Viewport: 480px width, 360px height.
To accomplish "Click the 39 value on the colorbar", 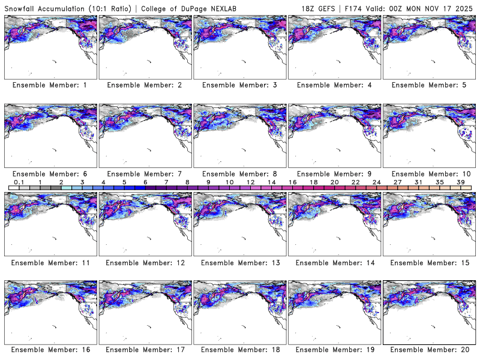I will coord(460,182).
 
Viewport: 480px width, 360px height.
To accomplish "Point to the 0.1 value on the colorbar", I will coord(19,182).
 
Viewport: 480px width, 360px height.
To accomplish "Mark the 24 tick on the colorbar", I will coord(376,182).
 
